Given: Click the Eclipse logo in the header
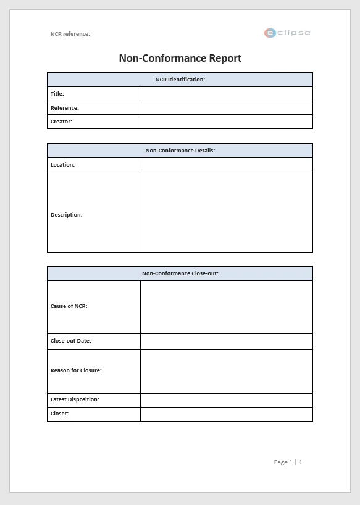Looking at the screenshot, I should (x=287, y=33).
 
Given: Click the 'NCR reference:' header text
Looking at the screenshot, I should (x=70, y=34).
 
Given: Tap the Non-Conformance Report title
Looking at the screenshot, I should (x=180, y=58).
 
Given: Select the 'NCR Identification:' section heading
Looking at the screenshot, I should (x=180, y=80).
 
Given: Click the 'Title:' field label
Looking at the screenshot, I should (x=57, y=94).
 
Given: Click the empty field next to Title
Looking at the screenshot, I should (x=226, y=94).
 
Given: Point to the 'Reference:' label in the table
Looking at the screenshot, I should (x=65, y=108).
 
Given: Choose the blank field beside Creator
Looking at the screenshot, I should (x=226, y=122).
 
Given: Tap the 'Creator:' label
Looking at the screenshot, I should (x=61, y=122).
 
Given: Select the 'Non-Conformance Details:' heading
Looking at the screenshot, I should (x=180, y=151).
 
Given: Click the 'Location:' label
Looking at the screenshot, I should (x=62, y=165).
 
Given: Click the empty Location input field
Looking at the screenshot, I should (x=226, y=165).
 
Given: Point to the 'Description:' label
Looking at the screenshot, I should (x=66, y=215).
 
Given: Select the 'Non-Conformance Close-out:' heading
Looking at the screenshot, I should (x=180, y=273).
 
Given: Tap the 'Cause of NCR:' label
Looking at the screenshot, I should (x=69, y=306).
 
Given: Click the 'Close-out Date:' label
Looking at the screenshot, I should (x=71, y=341).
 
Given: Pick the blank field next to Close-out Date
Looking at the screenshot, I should (x=226, y=341).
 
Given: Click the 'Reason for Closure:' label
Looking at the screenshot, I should (x=76, y=370).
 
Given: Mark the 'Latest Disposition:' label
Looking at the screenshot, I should (x=75, y=399).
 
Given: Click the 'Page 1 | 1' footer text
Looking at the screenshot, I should (x=288, y=462).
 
